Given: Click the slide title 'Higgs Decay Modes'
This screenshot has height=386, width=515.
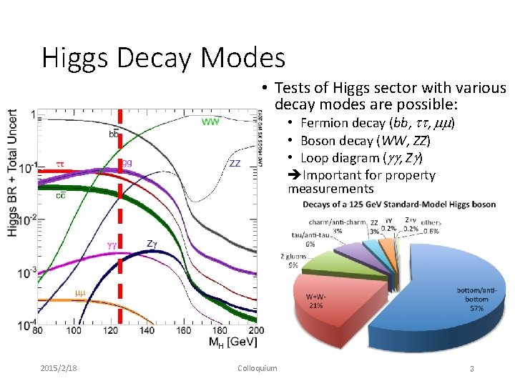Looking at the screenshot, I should click(163, 57).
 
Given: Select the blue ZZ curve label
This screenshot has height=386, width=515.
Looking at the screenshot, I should click(235, 163).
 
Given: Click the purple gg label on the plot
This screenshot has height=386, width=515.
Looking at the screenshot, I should click(126, 163).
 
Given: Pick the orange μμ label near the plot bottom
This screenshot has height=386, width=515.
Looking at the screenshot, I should click(80, 293).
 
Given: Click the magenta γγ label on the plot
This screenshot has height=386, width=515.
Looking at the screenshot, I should click(112, 245).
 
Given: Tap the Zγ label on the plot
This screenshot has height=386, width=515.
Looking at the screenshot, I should click(152, 244).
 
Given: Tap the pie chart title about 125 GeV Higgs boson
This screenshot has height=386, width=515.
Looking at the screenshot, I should click(399, 204).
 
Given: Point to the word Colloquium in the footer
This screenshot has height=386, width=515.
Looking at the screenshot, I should click(257, 368).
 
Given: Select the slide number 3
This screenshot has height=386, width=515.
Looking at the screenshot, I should click(472, 368).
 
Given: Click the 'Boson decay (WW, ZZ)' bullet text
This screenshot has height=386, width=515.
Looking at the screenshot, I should click(363, 140).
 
